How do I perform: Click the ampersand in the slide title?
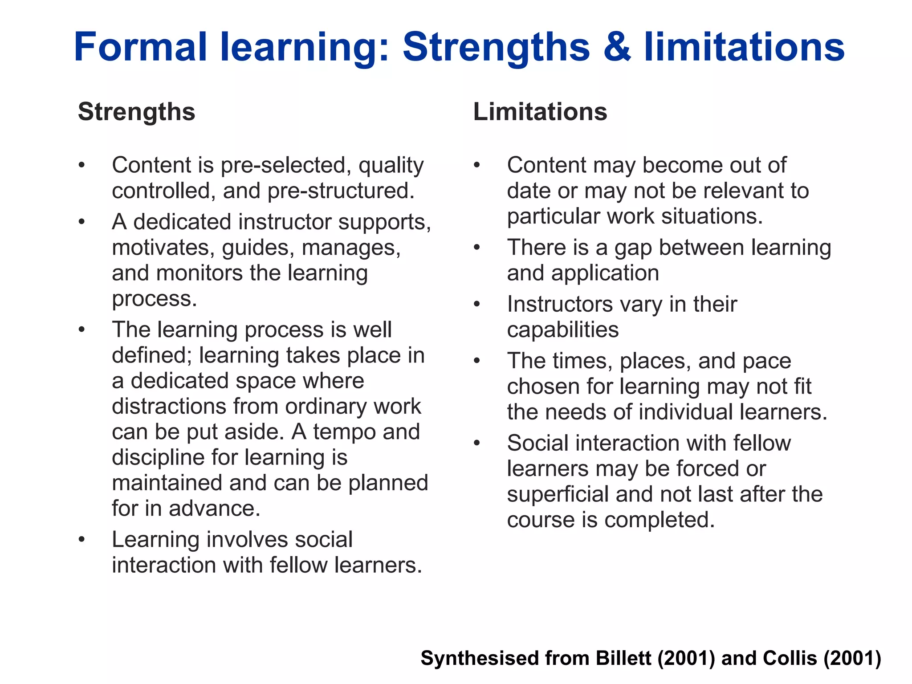tap(617, 47)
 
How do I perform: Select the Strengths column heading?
tap(136, 111)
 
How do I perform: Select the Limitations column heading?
tap(540, 111)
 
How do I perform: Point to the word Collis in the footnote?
tap(790, 658)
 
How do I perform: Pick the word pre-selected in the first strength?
tap(283, 166)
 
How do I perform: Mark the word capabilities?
tap(563, 330)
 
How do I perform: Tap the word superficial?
tap(558, 495)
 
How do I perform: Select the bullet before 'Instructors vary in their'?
tap(477, 305)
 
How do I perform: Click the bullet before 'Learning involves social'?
tap(81, 540)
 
